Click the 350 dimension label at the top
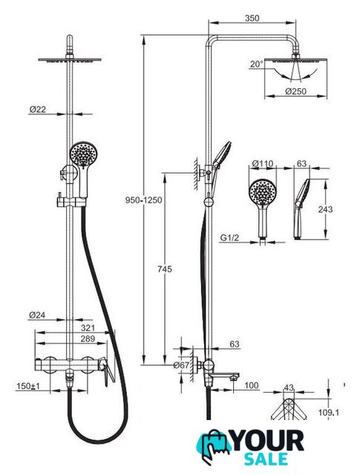(x=252, y=18)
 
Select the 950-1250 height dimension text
(x=144, y=200)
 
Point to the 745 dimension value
(x=165, y=269)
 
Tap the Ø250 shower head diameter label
(x=295, y=91)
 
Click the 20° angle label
(x=257, y=65)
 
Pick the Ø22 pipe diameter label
(x=38, y=109)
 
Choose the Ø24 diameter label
(x=37, y=315)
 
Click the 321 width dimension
(x=88, y=328)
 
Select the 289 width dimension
(x=88, y=338)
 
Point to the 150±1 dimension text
(x=28, y=386)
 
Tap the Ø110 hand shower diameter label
(x=263, y=164)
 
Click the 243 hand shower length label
(x=325, y=209)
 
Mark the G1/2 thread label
(x=229, y=237)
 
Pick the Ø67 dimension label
(x=181, y=365)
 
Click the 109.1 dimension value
(x=329, y=413)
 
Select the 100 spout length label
(x=252, y=385)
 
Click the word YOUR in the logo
(x=267, y=442)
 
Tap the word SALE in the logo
(x=266, y=459)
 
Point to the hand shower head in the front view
(x=84, y=154)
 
